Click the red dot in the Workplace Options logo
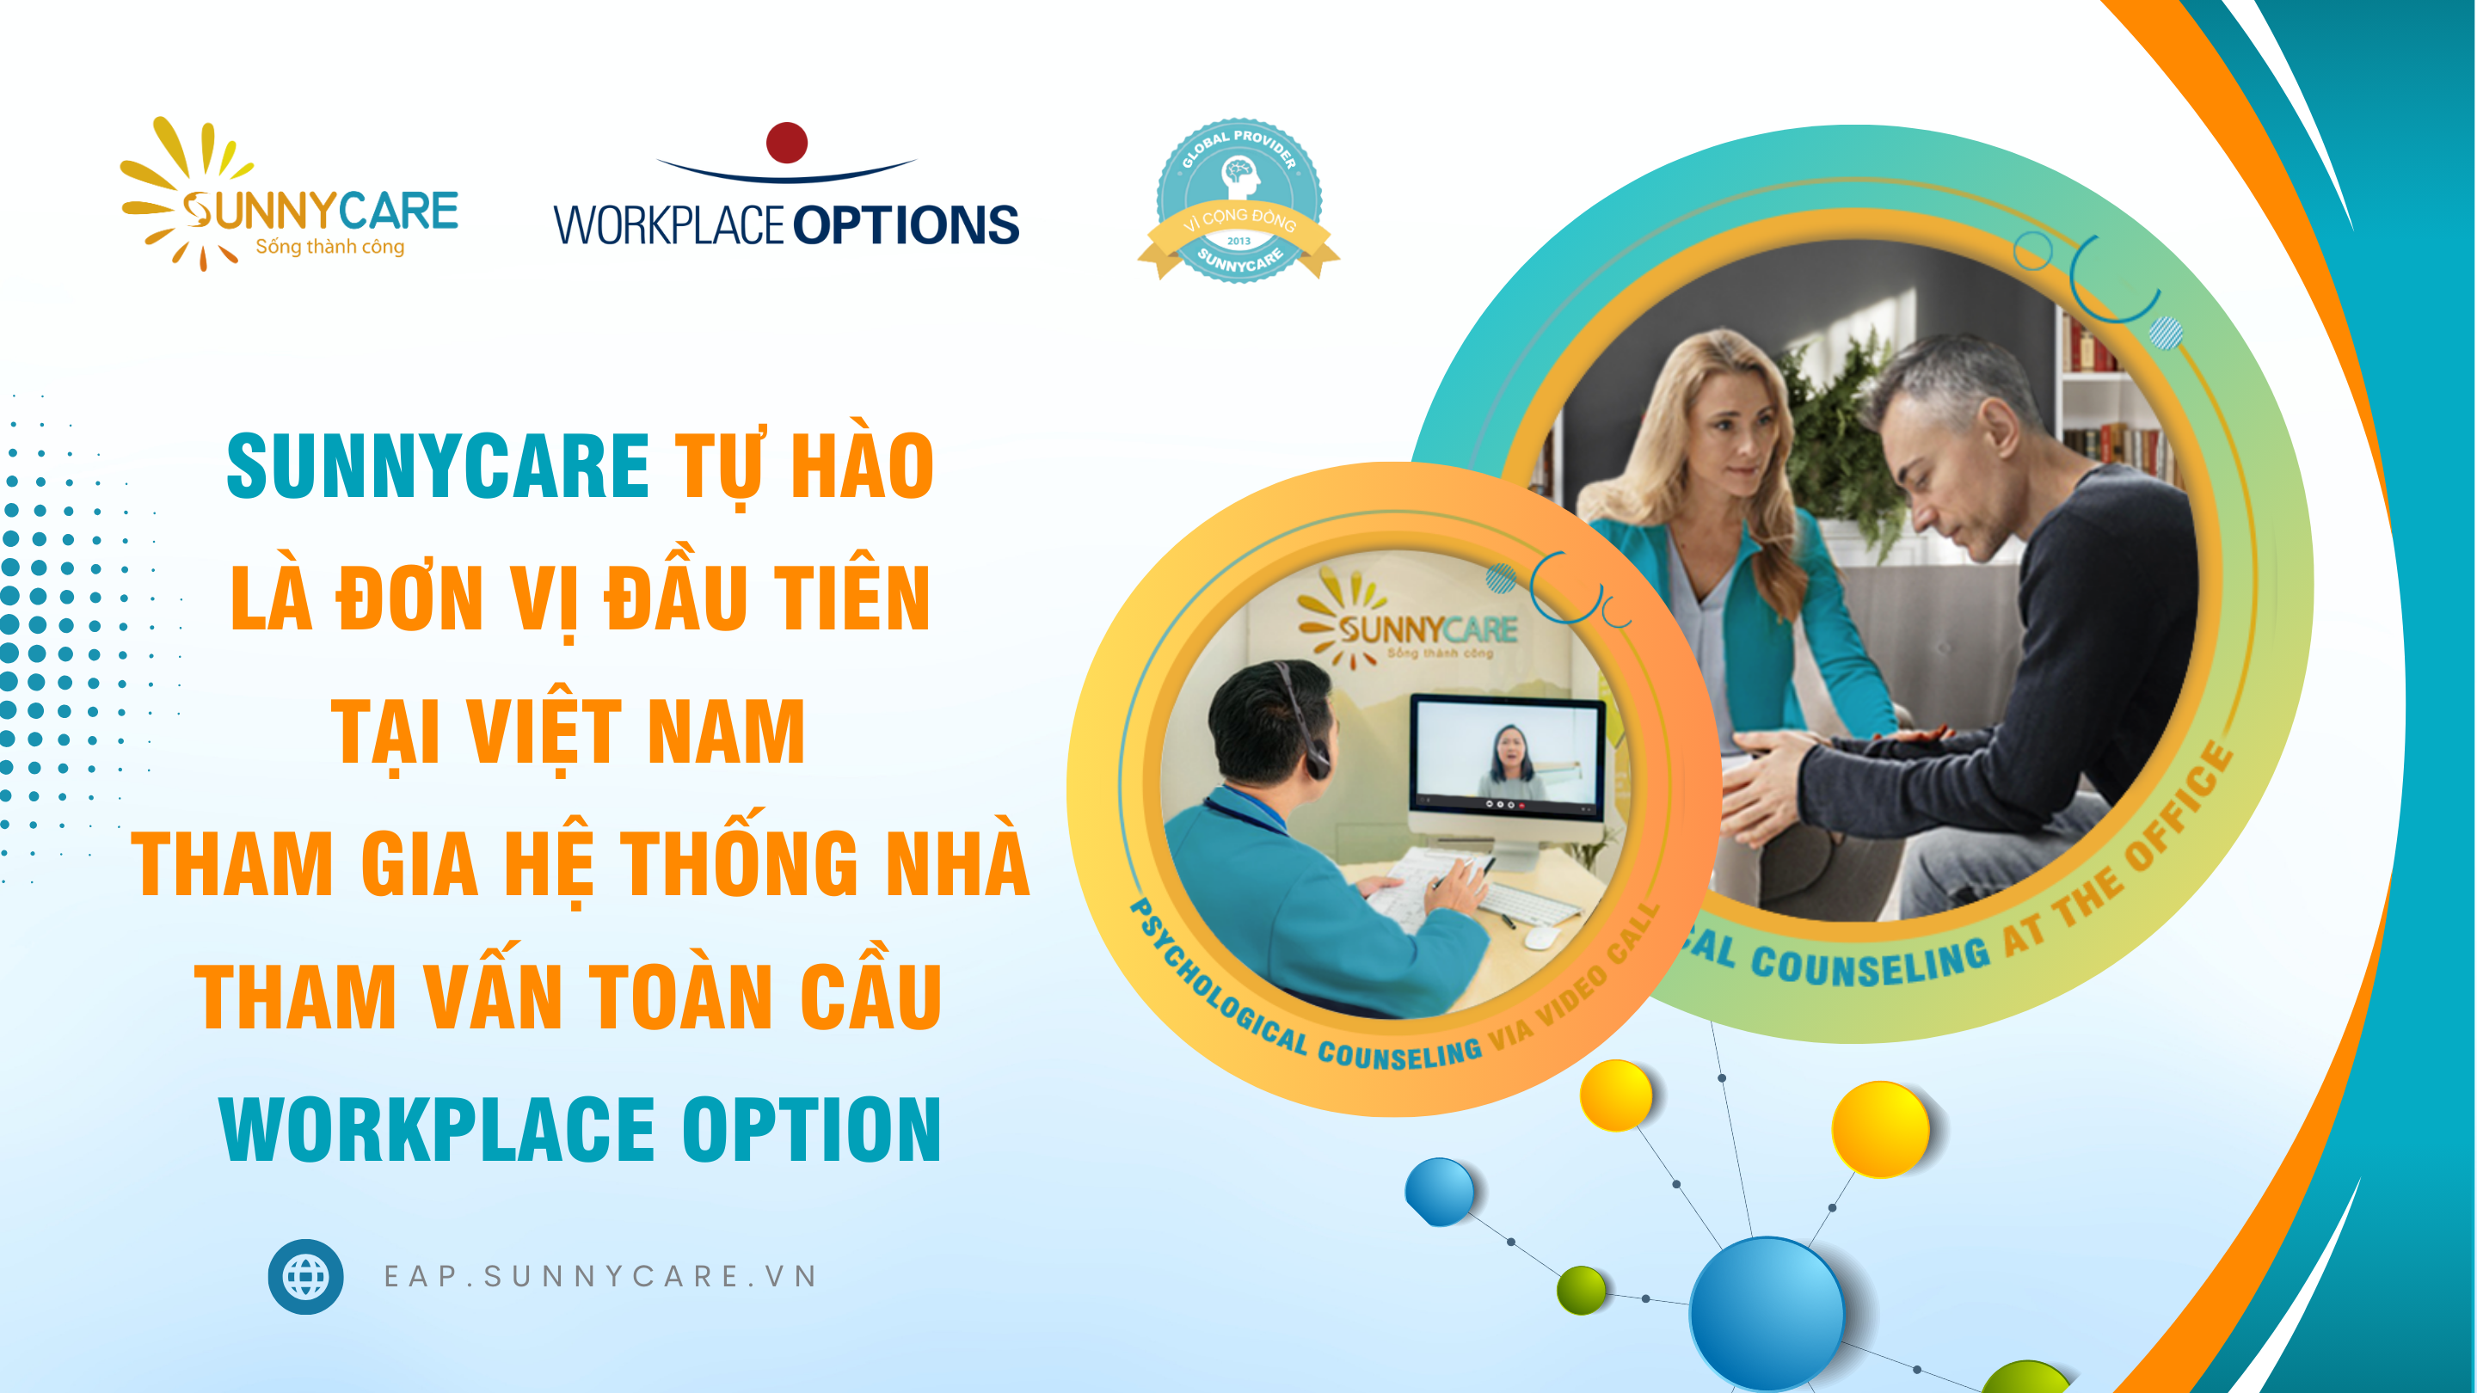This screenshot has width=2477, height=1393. [787, 142]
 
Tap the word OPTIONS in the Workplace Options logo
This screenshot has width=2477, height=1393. [906, 226]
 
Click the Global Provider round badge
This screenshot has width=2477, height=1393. [1238, 200]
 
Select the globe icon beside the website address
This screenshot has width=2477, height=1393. [306, 1277]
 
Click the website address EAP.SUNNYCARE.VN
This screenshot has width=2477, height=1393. [601, 1277]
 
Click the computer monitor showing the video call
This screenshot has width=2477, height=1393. [1507, 769]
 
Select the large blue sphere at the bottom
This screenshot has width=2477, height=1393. [1767, 1313]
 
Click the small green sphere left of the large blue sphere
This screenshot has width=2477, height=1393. [1582, 1290]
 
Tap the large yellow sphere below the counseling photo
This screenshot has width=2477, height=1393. [1881, 1130]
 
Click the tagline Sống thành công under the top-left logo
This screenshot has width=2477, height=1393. [329, 247]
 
